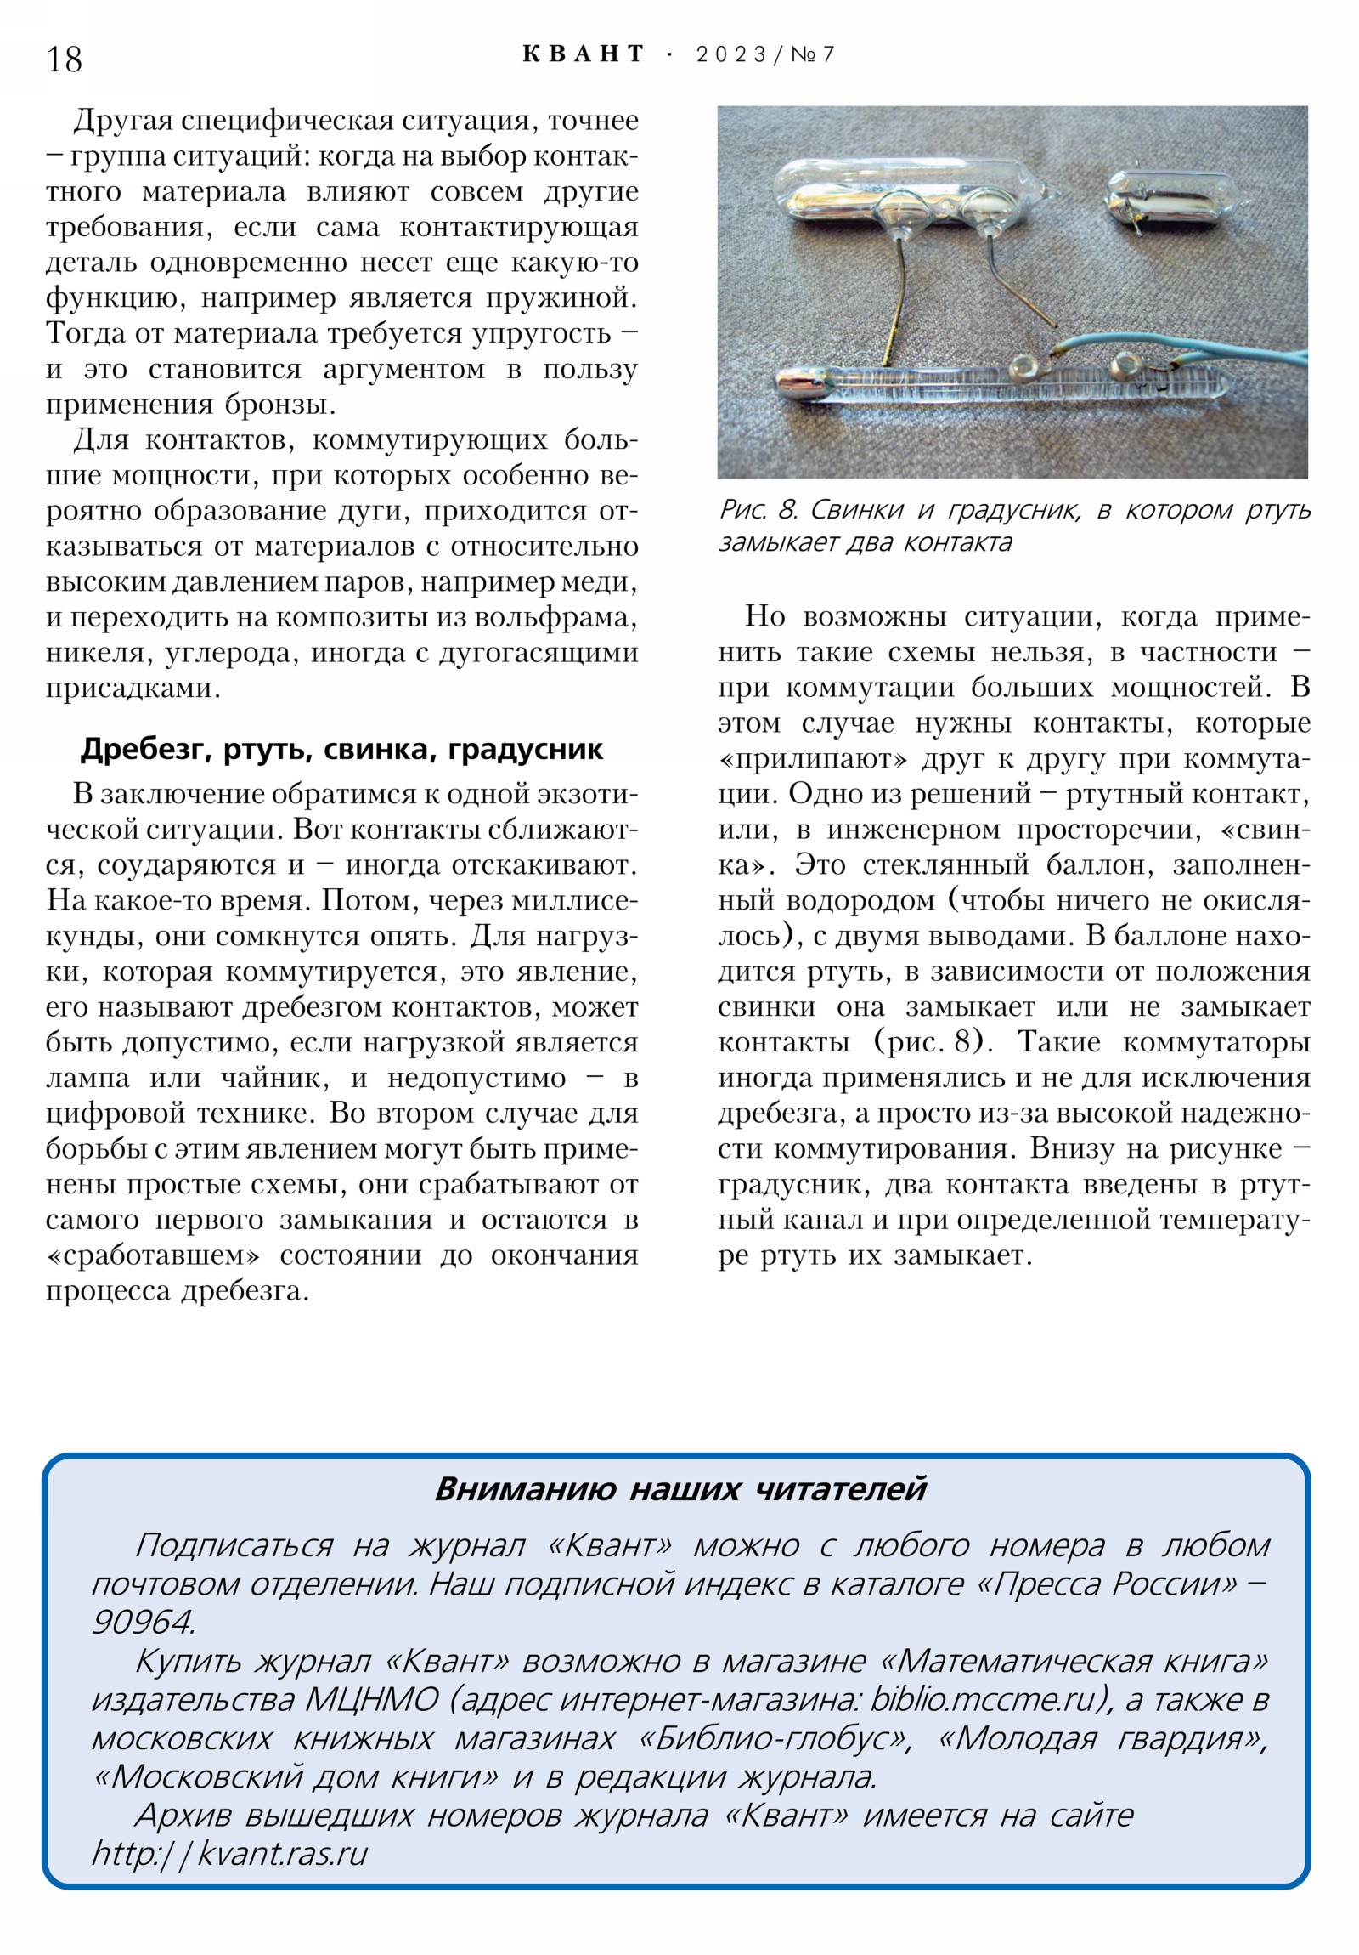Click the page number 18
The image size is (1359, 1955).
(x=65, y=59)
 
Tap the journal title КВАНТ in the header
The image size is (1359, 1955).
(x=583, y=54)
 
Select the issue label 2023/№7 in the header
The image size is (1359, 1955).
(x=765, y=54)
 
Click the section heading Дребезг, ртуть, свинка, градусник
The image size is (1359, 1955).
(x=341, y=750)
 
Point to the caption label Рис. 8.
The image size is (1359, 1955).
(x=758, y=510)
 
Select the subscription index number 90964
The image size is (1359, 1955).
(x=142, y=1622)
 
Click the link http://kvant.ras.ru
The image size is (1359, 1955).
(x=230, y=1853)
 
